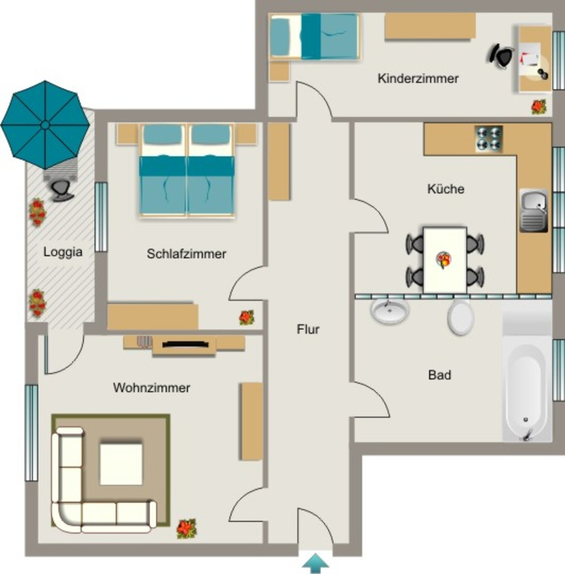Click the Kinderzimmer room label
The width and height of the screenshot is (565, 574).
click(418, 78)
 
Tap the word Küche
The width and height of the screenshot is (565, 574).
click(446, 189)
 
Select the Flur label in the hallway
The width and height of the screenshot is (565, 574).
click(308, 329)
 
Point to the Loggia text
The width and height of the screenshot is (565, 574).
click(63, 252)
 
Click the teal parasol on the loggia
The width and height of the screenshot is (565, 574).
click(45, 125)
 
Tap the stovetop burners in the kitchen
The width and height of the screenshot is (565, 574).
click(489, 139)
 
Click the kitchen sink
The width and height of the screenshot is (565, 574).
click(534, 211)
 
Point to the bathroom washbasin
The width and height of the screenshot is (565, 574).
click(390, 311)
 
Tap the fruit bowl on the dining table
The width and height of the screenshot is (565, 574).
click(443, 260)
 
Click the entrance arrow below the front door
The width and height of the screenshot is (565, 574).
click(315, 564)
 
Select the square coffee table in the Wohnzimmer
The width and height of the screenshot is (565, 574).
click(121, 464)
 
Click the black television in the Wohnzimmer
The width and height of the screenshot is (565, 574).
click(185, 344)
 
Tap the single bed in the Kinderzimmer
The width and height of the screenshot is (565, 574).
click(314, 36)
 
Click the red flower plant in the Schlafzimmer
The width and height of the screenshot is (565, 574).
click(246, 317)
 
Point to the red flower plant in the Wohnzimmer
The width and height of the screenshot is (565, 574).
click(186, 529)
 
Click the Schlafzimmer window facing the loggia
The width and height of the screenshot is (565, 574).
click(101, 217)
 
